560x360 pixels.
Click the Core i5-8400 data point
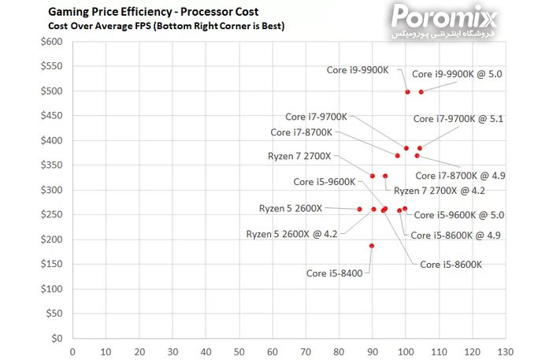(372, 246)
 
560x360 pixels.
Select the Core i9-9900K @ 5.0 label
(457, 73)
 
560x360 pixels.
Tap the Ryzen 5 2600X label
(291, 208)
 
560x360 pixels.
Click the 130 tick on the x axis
(504, 351)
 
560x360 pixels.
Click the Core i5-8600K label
(451, 265)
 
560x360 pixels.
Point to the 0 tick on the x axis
(72, 351)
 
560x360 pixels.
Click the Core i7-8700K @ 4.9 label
(460, 176)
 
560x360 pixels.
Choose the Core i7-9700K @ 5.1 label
(458, 119)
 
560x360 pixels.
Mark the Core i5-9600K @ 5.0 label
(458, 214)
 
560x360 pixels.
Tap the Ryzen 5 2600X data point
(359, 210)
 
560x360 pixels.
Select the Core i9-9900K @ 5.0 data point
(421, 91)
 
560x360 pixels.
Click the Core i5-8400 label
(334, 273)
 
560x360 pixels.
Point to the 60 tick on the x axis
(272, 351)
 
